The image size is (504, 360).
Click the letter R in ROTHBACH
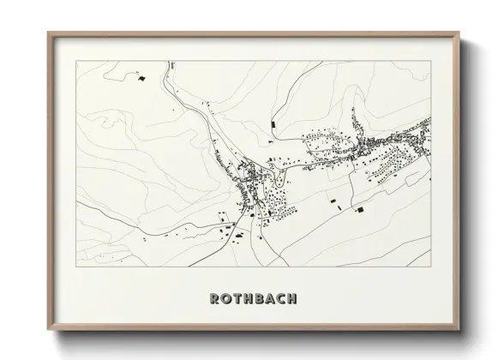tap(214, 299)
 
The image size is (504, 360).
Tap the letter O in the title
tap(226, 299)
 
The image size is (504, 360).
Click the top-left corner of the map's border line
tap(77, 62)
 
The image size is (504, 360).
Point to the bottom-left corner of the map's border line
tap(77, 267)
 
